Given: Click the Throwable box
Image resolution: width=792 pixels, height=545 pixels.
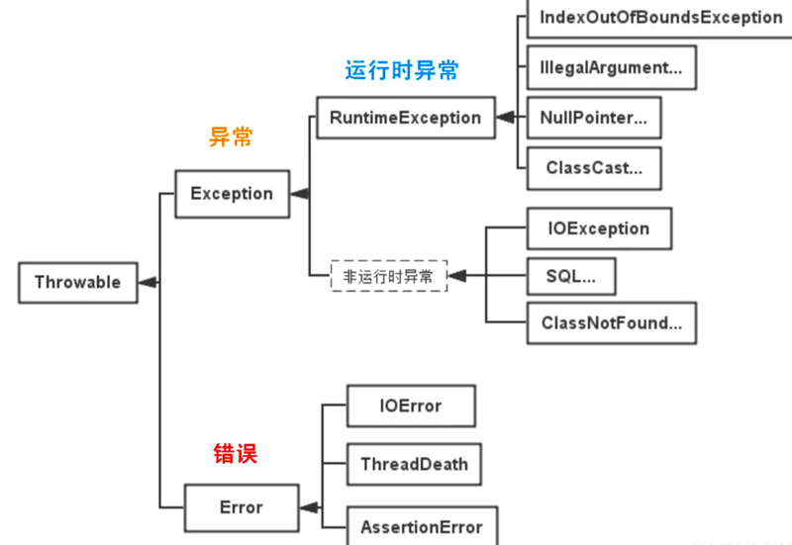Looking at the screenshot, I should pos(77,283).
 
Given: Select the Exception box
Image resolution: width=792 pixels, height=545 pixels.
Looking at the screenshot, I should pos(232,194).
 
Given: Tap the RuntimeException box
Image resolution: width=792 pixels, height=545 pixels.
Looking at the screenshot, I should pos(405,118).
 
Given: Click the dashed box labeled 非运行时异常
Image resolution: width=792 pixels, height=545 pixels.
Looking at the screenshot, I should pos(388,277).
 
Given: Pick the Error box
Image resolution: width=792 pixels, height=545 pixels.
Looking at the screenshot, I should pos(241,507).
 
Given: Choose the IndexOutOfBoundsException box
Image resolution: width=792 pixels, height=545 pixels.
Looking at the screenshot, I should pos(660,18).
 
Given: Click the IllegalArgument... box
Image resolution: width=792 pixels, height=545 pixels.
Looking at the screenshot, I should pos(611,68).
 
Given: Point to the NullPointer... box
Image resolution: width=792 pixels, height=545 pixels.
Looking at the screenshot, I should pos(594,118).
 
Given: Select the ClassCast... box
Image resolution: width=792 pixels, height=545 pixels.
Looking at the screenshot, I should pos(593,168).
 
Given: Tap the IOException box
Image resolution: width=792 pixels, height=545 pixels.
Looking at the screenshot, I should pos(598,228).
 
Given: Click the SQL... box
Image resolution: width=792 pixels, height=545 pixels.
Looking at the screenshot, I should pos(570,276).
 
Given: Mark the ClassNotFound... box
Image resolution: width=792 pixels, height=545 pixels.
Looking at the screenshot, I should pos(611,322).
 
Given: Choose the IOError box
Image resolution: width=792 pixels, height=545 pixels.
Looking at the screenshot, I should pos(411,406).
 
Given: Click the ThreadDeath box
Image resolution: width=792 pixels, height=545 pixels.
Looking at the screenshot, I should pos(414,464).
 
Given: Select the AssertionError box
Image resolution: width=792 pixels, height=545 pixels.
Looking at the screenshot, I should pos(421,525).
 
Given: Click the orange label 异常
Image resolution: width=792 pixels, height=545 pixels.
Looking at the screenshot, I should pos(231,137).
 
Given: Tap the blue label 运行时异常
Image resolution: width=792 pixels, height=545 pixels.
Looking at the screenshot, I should pos(402,71).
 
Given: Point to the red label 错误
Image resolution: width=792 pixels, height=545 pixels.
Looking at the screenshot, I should pos(236,455).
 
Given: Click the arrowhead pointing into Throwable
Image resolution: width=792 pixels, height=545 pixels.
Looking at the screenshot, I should pos(148,283).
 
